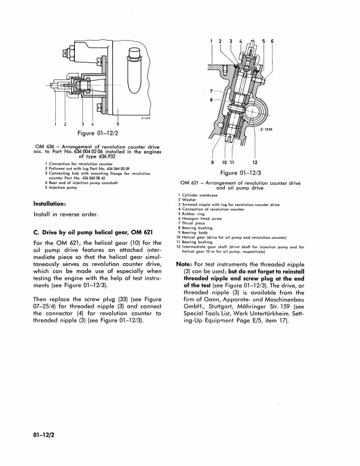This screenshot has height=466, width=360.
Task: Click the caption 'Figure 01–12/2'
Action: (x=98, y=133)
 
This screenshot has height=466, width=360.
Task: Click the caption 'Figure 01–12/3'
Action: (x=241, y=172)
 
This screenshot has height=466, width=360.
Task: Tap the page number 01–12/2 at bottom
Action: (x=44, y=435)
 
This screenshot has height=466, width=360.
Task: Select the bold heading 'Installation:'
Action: (x=49, y=204)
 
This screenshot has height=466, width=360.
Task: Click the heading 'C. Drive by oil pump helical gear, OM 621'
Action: (x=93, y=232)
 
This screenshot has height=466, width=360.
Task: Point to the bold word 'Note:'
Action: (x=184, y=264)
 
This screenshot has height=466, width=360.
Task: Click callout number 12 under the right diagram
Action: (x=255, y=162)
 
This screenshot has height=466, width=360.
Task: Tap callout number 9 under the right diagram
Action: (x=212, y=162)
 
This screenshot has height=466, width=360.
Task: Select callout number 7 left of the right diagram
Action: (x=211, y=91)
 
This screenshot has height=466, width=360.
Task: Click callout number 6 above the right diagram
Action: (x=272, y=41)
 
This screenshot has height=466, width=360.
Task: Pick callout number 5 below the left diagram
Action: (x=118, y=124)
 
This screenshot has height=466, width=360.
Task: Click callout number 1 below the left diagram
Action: (x=55, y=124)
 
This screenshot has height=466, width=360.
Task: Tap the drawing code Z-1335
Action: (x=266, y=129)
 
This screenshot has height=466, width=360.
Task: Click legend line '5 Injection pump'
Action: (x=61, y=188)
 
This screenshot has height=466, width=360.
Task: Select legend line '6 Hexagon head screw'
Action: (x=200, y=218)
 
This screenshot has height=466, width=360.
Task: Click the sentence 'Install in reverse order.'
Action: (x=66, y=214)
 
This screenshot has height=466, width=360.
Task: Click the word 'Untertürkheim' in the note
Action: (x=267, y=314)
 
